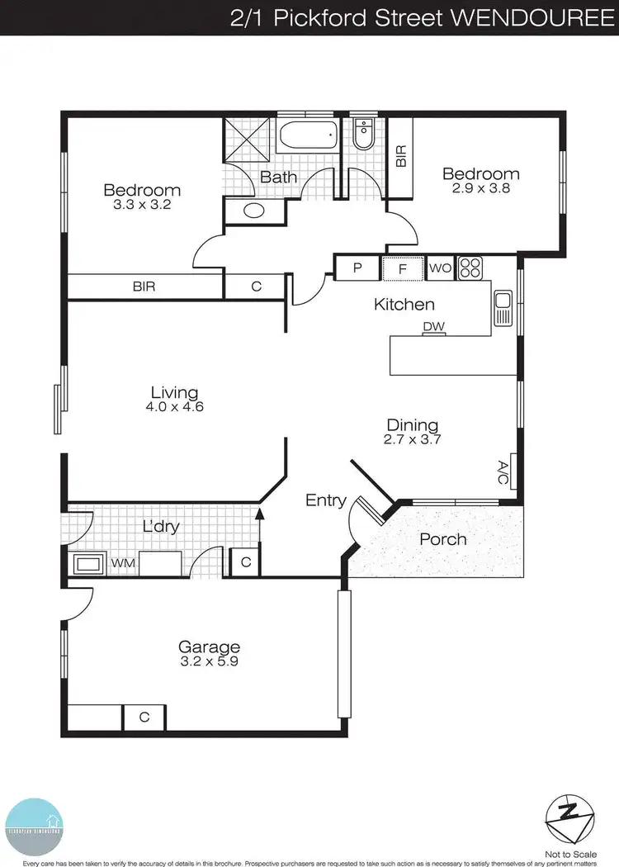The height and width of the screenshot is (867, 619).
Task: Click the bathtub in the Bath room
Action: point(308,135)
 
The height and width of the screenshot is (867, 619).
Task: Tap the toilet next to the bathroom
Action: point(363,135)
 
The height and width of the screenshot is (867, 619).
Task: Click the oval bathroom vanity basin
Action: point(253,211)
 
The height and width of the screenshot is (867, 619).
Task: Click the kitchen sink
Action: point(502,309)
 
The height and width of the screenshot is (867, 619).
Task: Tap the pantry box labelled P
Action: point(358,268)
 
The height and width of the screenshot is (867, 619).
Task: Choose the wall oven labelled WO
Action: point(439,268)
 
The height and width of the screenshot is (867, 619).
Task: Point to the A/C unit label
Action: point(503,471)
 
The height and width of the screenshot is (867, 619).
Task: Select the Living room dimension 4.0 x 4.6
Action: point(174,406)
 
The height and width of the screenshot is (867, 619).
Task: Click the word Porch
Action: point(443,539)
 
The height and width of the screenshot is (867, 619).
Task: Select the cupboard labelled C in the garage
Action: point(144,718)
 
